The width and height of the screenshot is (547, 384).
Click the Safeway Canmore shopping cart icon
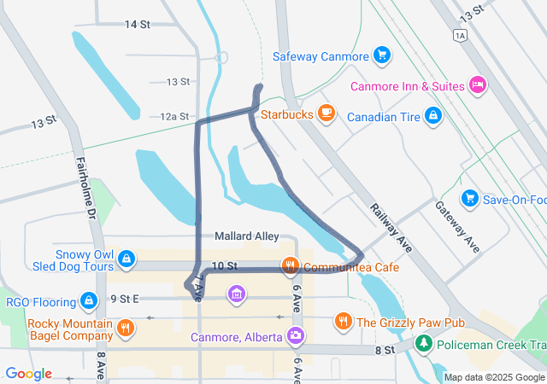(x=382, y=57)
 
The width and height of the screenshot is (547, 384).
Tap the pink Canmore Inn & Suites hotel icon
(x=478, y=85)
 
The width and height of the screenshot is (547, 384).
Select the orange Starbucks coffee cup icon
(x=325, y=113)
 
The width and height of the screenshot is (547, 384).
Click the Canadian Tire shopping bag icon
(x=433, y=113)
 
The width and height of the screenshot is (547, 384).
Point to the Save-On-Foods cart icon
(x=469, y=199)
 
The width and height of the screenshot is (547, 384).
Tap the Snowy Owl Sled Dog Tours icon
(x=126, y=258)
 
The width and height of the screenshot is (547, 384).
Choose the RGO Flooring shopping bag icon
(x=88, y=300)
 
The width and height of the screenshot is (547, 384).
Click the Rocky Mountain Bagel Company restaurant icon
(x=126, y=327)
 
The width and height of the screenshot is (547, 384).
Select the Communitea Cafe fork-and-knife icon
(x=291, y=266)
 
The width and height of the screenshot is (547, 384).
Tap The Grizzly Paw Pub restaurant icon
(x=343, y=322)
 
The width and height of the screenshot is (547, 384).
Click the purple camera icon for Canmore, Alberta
(x=296, y=335)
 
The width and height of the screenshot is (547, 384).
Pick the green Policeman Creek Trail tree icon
(x=423, y=344)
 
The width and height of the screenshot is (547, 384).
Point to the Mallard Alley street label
(x=246, y=236)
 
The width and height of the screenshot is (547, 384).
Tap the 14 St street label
(x=137, y=24)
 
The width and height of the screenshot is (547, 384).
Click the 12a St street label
(x=174, y=116)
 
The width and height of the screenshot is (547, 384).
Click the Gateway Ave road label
(x=457, y=226)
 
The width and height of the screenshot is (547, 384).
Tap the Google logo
(x=28, y=374)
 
